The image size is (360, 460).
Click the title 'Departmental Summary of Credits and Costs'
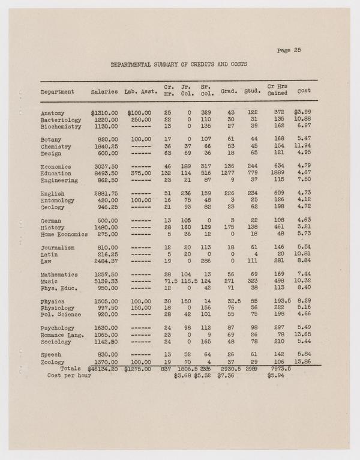pyautogui.click(x=179, y=64)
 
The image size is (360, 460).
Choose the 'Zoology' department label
pyautogui.click(x=53, y=362)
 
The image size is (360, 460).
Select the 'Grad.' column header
pyautogui.click(x=228, y=92)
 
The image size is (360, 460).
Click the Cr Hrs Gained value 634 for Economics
pyautogui.click(x=278, y=166)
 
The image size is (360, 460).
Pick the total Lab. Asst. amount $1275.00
pyautogui.click(x=138, y=368)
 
